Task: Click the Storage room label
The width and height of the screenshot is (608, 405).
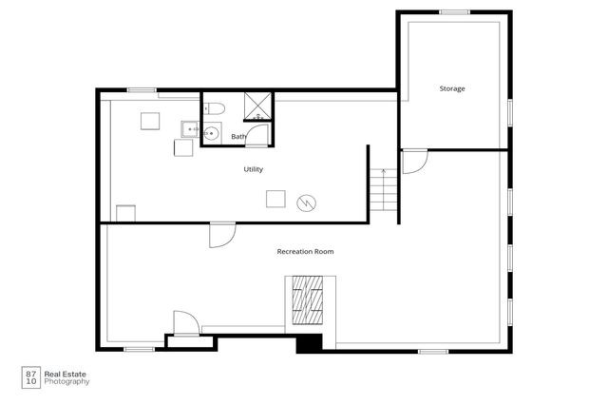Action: pyautogui.click(x=452, y=88)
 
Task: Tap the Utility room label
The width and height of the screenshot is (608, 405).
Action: pyautogui.click(x=254, y=169)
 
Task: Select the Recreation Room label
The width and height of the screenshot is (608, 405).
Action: pyautogui.click(x=305, y=251)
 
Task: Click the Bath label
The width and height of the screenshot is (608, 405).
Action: pyautogui.click(x=238, y=137)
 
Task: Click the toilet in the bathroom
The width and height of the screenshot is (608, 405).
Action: pyautogui.click(x=215, y=108)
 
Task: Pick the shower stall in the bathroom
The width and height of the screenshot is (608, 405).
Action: pyautogui.click(x=257, y=106)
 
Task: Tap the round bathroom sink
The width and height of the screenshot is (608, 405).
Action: pyautogui.click(x=211, y=133)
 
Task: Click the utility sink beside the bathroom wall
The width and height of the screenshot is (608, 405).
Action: pyautogui.click(x=190, y=129)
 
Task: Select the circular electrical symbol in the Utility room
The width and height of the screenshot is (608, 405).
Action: pyautogui.click(x=306, y=202)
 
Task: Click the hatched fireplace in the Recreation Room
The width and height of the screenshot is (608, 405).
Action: pyautogui.click(x=307, y=299)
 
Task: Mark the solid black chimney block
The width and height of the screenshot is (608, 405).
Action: pyautogui.click(x=310, y=343)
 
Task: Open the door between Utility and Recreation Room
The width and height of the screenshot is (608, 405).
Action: pyautogui.click(x=222, y=235)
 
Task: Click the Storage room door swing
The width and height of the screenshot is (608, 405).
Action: pyautogui.click(x=415, y=162)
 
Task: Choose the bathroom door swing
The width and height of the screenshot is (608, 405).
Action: pyautogui.click(x=256, y=135)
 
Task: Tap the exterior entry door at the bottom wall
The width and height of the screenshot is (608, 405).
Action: pyautogui.click(x=186, y=323)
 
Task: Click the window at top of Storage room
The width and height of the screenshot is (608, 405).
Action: pyautogui.click(x=454, y=12)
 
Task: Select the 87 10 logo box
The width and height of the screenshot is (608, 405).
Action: pyautogui.click(x=31, y=377)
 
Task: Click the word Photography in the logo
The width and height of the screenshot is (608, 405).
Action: pyautogui.click(x=66, y=382)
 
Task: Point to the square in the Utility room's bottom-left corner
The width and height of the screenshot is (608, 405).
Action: pyautogui.click(x=126, y=213)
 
